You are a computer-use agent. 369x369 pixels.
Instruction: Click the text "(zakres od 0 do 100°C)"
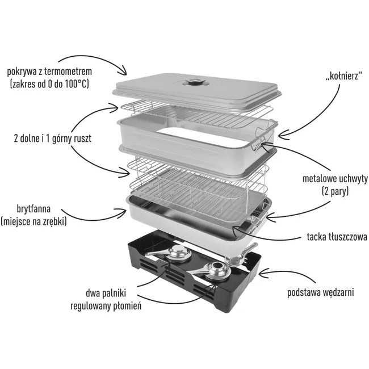tap(50, 84)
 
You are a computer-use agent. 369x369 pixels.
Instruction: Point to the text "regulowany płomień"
tap(106, 306)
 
